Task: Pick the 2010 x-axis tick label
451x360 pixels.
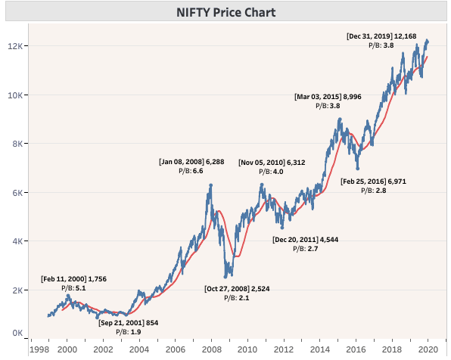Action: click(x=247, y=350)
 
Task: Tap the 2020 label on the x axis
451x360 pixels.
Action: click(x=428, y=350)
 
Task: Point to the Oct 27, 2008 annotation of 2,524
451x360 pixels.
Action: click(x=237, y=288)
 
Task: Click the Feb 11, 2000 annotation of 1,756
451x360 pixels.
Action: click(x=73, y=278)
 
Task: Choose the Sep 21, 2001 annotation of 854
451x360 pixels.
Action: click(x=129, y=322)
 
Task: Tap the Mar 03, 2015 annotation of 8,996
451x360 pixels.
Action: click(x=327, y=97)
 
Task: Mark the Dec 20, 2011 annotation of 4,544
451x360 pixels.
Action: click(x=306, y=240)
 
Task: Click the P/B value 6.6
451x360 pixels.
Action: click(x=198, y=171)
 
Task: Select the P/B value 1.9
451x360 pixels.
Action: click(x=135, y=332)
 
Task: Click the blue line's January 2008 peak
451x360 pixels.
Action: click(x=210, y=184)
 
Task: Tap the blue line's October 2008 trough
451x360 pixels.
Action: click(x=225, y=278)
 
